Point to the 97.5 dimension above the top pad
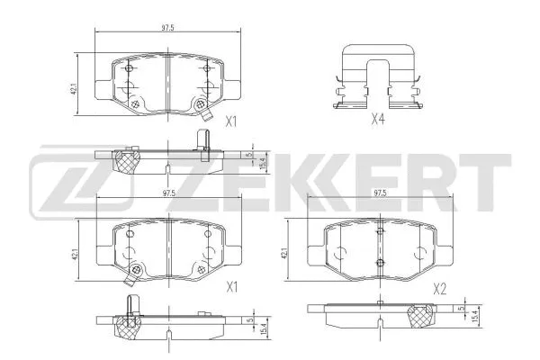point(166,29)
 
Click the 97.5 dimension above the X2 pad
point(380,193)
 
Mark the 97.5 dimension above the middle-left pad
point(166,193)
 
